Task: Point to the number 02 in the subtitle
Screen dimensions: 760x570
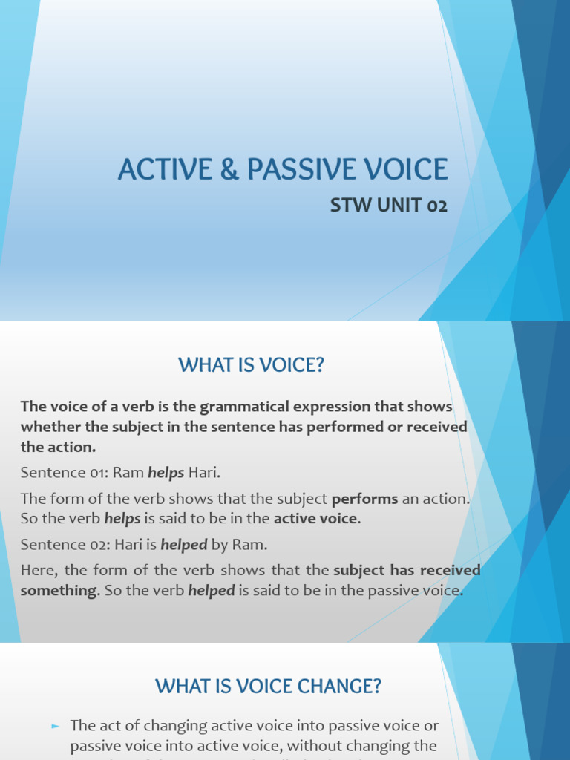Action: tap(436, 206)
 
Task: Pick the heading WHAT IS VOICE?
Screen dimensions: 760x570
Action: tap(252, 365)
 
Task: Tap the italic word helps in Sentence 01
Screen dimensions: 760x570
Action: tap(166, 473)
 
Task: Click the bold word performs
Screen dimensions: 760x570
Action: tap(364, 498)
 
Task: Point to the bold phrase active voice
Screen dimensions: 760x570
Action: tap(316, 518)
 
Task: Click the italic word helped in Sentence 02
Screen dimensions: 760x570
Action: tap(186, 544)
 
